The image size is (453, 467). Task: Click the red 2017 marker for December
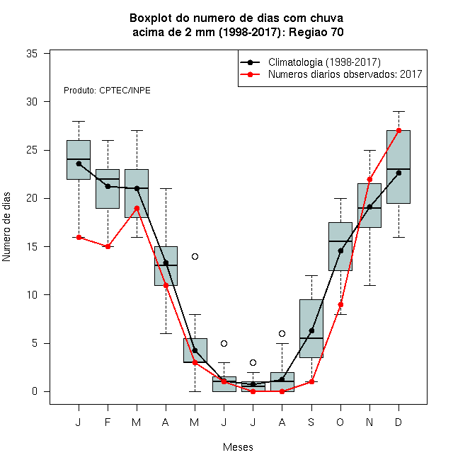(398, 130)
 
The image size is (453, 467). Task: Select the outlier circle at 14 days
(195, 256)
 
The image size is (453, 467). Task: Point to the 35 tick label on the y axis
(32, 54)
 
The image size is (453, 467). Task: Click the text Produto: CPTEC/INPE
(107, 91)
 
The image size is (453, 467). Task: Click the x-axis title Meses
(238, 447)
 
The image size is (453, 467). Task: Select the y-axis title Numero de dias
(6, 227)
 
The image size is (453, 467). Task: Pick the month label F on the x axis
(108, 422)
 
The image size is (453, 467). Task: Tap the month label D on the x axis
(398, 422)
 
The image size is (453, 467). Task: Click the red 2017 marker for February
(108, 247)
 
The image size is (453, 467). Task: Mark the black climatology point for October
(340, 250)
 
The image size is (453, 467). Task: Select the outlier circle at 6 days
(282, 333)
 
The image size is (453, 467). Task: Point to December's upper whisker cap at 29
(398, 111)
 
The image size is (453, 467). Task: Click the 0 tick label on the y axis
(35, 391)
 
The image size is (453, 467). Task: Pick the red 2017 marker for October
(340, 305)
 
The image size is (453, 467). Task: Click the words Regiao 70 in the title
(316, 32)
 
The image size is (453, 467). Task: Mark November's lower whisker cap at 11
(370, 285)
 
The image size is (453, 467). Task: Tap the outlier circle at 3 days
(253, 362)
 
